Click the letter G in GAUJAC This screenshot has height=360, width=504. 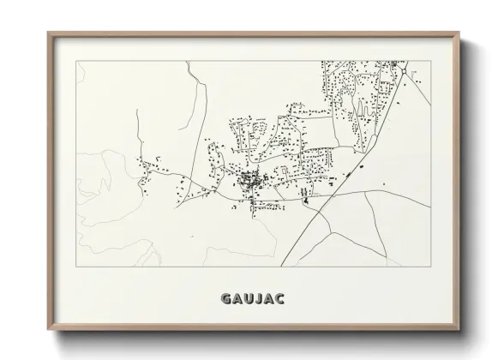pyautogui.click(x=226, y=298)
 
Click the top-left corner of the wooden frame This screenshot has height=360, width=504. pyautogui.click(x=49, y=33)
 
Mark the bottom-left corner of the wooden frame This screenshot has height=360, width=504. pyautogui.click(x=49, y=329)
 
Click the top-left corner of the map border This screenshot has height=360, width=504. pyautogui.click(x=77, y=61)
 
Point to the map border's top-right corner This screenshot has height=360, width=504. pyautogui.click(x=430, y=61)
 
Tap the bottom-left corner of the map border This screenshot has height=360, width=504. pyautogui.click(x=77, y=266)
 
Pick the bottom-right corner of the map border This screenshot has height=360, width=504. pyautogui.click(x=430, y=266)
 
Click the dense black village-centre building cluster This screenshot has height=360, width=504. pyautogui.click(x=249, y=180)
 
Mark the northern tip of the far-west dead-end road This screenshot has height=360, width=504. pyautogui.click(x=137, y=110)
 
